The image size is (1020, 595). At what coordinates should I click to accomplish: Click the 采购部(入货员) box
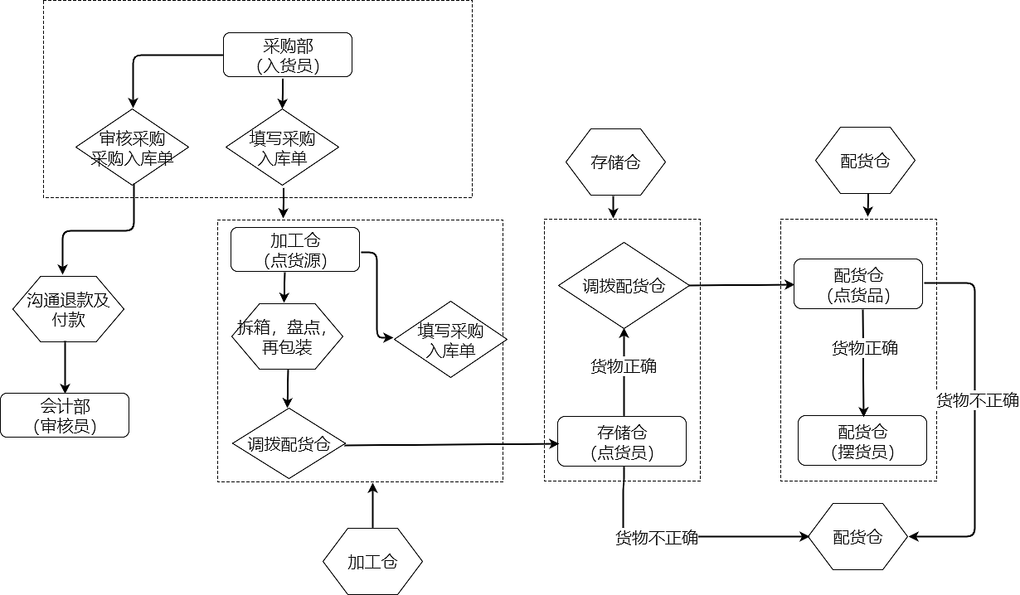click(x=288, y=55)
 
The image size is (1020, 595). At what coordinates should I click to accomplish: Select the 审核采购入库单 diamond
click(x=133, y=148)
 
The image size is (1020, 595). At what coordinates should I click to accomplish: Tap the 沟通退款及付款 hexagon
click(x=67, y=308)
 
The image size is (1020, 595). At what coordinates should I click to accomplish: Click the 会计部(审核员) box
click(x=65, y=415)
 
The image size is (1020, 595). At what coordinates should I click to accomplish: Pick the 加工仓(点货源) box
click(x=295, y=249)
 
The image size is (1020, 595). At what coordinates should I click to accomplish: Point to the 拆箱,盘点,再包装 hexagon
click(x=287, y=337)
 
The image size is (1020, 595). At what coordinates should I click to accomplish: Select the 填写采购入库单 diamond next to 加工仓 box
click(x=450, y=340)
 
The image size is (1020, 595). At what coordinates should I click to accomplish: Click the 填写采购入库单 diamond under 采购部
click(x=283, y=148)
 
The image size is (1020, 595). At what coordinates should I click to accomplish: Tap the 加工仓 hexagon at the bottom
click(x=372, y=562)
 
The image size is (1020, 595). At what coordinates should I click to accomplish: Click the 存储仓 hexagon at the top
click(x=614, y=162)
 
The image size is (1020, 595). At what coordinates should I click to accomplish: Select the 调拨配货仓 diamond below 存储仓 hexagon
click(x=624, y=286)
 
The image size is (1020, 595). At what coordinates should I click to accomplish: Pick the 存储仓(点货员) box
click(x=622, y=442)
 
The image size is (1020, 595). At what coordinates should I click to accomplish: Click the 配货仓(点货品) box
click(x=858, y=284)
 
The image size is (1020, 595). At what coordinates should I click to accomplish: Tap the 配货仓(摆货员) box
click(x=862, y=441)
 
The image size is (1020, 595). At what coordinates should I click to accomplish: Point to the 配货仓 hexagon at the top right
click(x=865, y=161)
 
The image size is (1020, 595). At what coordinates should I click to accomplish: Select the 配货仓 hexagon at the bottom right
click(x=858, y=537)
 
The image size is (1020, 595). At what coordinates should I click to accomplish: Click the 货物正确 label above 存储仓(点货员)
click(x=623, y=365)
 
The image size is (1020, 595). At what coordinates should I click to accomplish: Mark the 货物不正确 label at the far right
click(x=977, y=400)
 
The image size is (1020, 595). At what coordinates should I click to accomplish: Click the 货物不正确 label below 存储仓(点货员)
click(x=656, y=538)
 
